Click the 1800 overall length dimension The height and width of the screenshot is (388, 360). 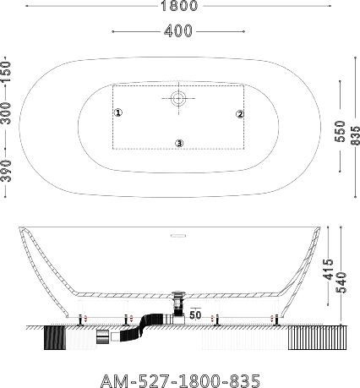click(x=179, y=6)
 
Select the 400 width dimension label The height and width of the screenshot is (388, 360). click(x=178, y=31)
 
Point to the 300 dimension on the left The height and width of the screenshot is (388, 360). click(x=6, y=113)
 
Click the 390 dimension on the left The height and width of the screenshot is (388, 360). click(x=6, y=171)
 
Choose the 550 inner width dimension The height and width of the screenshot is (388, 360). click(x=340, y=131)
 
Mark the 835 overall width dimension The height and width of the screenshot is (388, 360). click(x=355, y=135)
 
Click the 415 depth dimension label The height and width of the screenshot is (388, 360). click(x=328, y=270)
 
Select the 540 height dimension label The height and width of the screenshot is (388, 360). click(x=341, y=282)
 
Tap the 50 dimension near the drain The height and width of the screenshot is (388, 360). click(x=195, y=314)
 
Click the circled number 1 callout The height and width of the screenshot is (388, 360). click(x=118, y=112)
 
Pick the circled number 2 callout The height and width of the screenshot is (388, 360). click(x=240, y=114)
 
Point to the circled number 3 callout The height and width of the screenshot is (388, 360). click(x=179, y=143)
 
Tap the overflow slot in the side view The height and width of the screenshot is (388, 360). click(x=178, y=236)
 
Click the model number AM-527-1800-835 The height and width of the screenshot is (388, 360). click(x=180, y=380)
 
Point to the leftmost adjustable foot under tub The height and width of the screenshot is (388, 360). click(x=81, y=320)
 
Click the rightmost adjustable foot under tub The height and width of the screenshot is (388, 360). click(x=277, y=320)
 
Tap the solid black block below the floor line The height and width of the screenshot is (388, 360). click(x=55, y=338)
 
